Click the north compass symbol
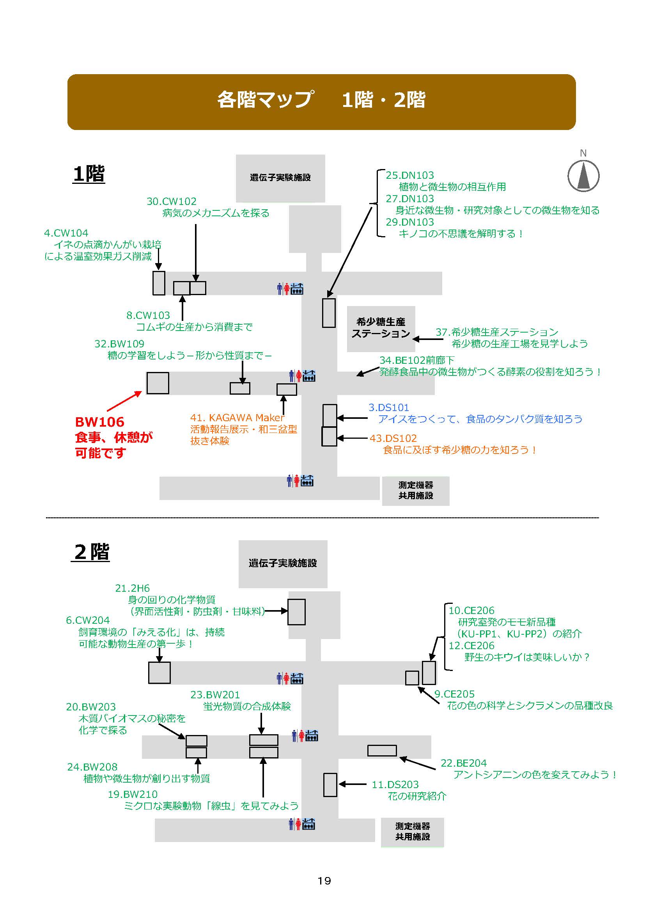pos(583,175)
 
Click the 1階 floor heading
pos(89,174)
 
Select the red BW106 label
pos(100,422)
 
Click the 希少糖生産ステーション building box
pos(381,328)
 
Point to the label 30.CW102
pos(172,201)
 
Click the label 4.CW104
pos(66,233)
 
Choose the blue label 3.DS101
pos(388,407)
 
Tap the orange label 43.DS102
pos(393,438)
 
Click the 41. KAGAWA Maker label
pos(237,418)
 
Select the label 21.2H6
pos(132,588)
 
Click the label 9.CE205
pos(454,694)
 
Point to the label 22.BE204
pos(464,763)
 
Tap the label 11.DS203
pos(395,785)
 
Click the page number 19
pos(324,881)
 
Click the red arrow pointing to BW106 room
pos(124,401)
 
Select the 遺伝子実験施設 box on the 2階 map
pos(283,564)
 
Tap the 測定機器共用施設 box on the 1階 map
pos(415,491)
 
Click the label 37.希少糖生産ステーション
pos(497,332)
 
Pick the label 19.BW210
pos(133,794)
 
